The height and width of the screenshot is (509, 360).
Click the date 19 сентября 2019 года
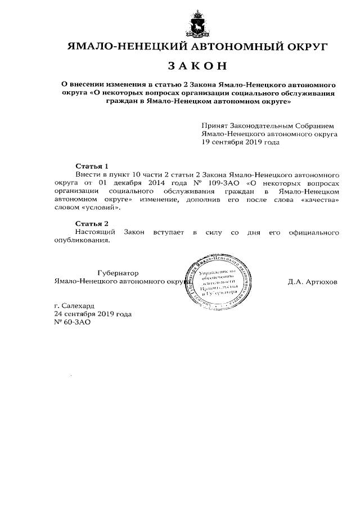(x=240, y=142)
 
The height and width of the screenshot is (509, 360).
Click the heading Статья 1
(x=92, y=166)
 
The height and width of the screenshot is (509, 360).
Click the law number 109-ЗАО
(x=222, y=183)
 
